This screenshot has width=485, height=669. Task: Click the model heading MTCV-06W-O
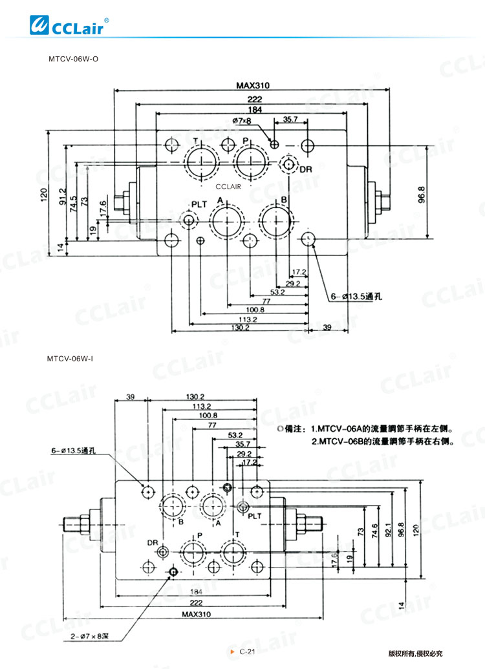coord(73,59)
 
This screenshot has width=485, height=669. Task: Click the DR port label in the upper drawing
coord(305,169)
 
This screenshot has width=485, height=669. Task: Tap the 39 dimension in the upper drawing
coord(327,328)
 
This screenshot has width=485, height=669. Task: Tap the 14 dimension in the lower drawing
coord(402,604)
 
